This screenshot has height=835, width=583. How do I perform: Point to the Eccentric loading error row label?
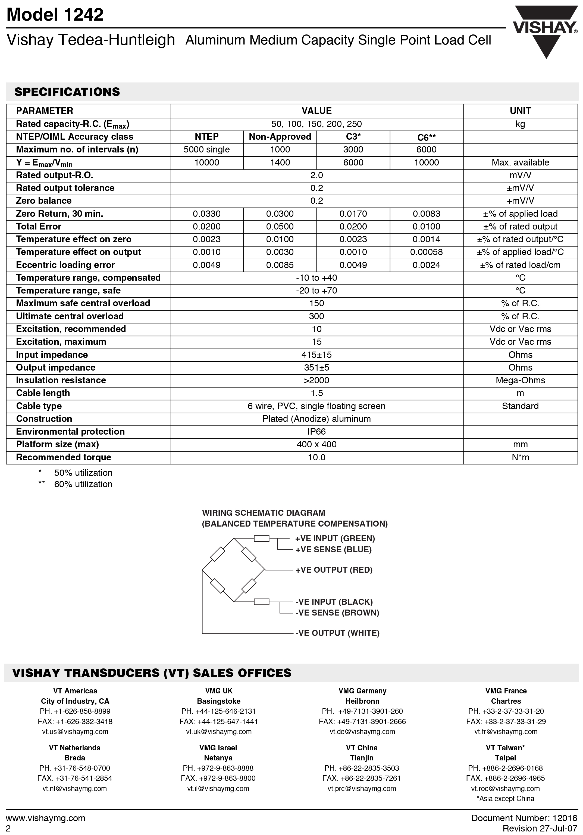65,265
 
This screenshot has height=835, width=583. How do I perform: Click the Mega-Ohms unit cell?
520,380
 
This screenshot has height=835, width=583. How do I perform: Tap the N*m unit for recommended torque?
520,457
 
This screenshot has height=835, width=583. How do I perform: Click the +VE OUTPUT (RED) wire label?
334,570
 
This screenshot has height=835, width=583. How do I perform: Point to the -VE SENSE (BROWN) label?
337,613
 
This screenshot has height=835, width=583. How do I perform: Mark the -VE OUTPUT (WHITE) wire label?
337,633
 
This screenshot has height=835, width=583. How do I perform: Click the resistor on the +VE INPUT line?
261,538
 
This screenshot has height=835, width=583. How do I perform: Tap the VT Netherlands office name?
75,748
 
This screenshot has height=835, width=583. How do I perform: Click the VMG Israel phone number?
218,768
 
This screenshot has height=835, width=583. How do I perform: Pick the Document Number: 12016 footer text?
524,818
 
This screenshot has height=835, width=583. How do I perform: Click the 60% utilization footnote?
83,485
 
